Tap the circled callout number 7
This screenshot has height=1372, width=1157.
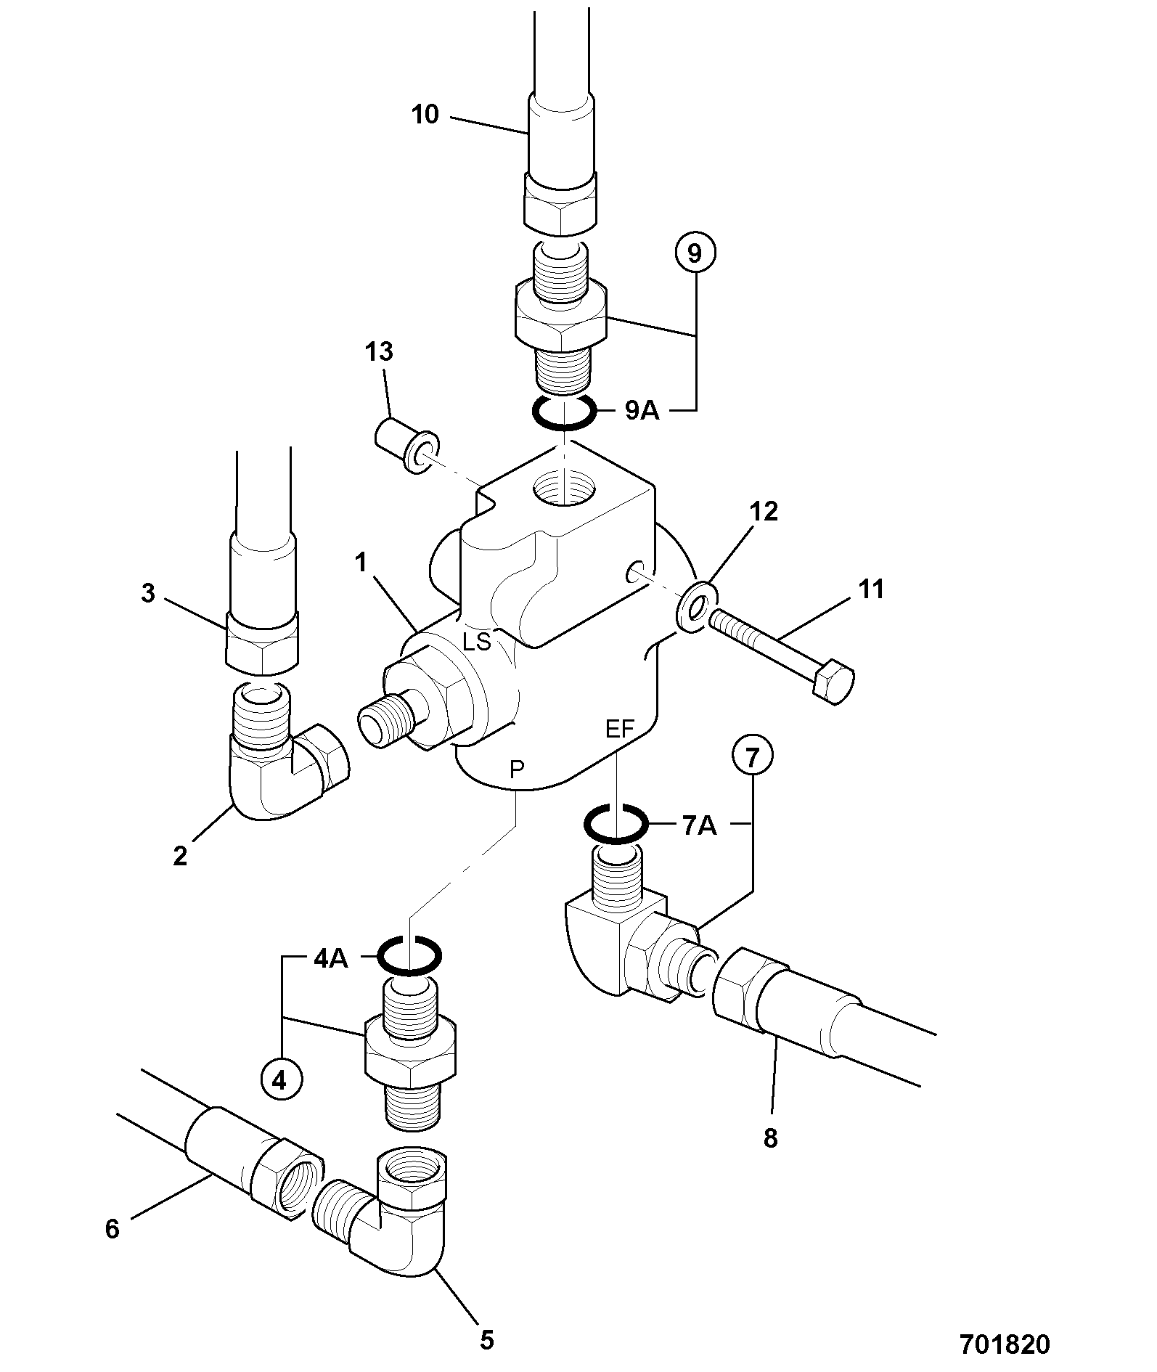[752, 758]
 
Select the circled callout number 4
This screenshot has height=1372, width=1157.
[280, 1079]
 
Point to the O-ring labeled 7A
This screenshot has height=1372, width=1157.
[616, 824]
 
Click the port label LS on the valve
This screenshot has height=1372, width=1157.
[478, 641]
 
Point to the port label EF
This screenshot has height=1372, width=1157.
[620, 729]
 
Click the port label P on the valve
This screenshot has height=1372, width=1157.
[517, 769]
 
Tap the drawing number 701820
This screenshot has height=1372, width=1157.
[1005, 1344]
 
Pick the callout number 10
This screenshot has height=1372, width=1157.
[425, 114]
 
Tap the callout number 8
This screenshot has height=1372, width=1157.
[770, 1138]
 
